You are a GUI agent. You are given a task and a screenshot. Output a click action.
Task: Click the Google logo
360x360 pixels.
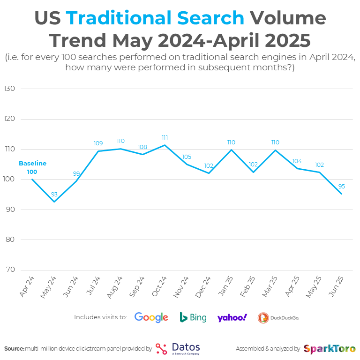pos(151,317)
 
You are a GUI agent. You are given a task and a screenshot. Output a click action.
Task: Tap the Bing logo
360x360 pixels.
pos(193,317)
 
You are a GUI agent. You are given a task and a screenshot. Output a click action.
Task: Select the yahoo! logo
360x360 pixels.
pos(232,317)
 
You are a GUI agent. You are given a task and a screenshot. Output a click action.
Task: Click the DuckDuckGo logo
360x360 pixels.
pos(278,318)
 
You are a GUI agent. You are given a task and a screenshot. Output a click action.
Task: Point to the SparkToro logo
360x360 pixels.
pos(329,349)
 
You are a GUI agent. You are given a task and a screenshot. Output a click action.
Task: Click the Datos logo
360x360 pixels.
pos(178,348)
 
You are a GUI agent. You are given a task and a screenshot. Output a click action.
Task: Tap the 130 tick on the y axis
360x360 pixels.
pos(10,89)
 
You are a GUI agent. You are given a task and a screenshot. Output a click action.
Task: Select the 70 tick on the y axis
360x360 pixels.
pos(10,270)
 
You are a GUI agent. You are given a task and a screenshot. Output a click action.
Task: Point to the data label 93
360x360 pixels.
pos(54,194)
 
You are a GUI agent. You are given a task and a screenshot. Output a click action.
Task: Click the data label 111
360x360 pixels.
pos(165,138)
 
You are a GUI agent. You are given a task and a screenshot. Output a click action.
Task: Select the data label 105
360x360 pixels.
pos(187,157)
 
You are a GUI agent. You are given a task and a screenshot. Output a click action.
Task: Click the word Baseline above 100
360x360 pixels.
pos(32,164)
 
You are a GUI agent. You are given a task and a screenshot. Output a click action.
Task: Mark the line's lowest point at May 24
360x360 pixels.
pos(54,202)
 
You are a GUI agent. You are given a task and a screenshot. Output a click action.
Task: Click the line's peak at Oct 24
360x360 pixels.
pos(165,145)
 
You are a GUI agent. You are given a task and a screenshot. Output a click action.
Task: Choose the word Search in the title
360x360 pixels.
pos(215,18)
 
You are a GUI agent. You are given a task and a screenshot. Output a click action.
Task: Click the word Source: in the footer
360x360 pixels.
pos(14,349)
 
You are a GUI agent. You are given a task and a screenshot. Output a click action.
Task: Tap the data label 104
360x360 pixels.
pos(297,161)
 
